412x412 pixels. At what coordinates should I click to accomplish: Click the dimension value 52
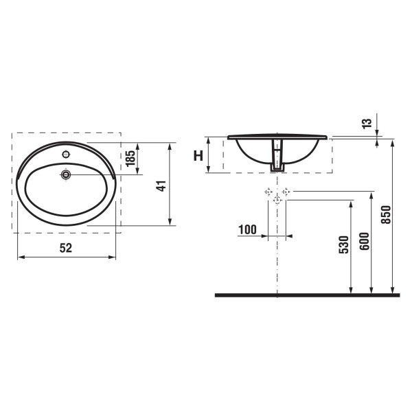pyautogui.click(x=66, y=248)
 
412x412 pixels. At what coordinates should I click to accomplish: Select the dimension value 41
pyautogui.click(x=161, y=185)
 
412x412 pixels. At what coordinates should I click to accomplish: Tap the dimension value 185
pyautogui.click(x=130, y=159)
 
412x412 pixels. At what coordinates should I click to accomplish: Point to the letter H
pyautogui.click(x=198, y=155)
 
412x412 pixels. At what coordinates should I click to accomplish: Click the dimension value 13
pyautogui.click(x=367, y=124)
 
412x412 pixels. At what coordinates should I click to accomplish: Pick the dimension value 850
pyautogui.click(x=386, y=215)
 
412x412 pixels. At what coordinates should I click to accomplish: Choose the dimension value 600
pyautogui.click(x=365, y=241)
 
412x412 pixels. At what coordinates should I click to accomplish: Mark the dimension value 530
pyautogui.click(x=344, y=245)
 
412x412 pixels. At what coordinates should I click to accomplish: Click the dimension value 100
pyautogui.click(x=247, y=229)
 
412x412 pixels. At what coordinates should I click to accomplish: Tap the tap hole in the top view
pyautogui.click(x=66, y=154)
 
